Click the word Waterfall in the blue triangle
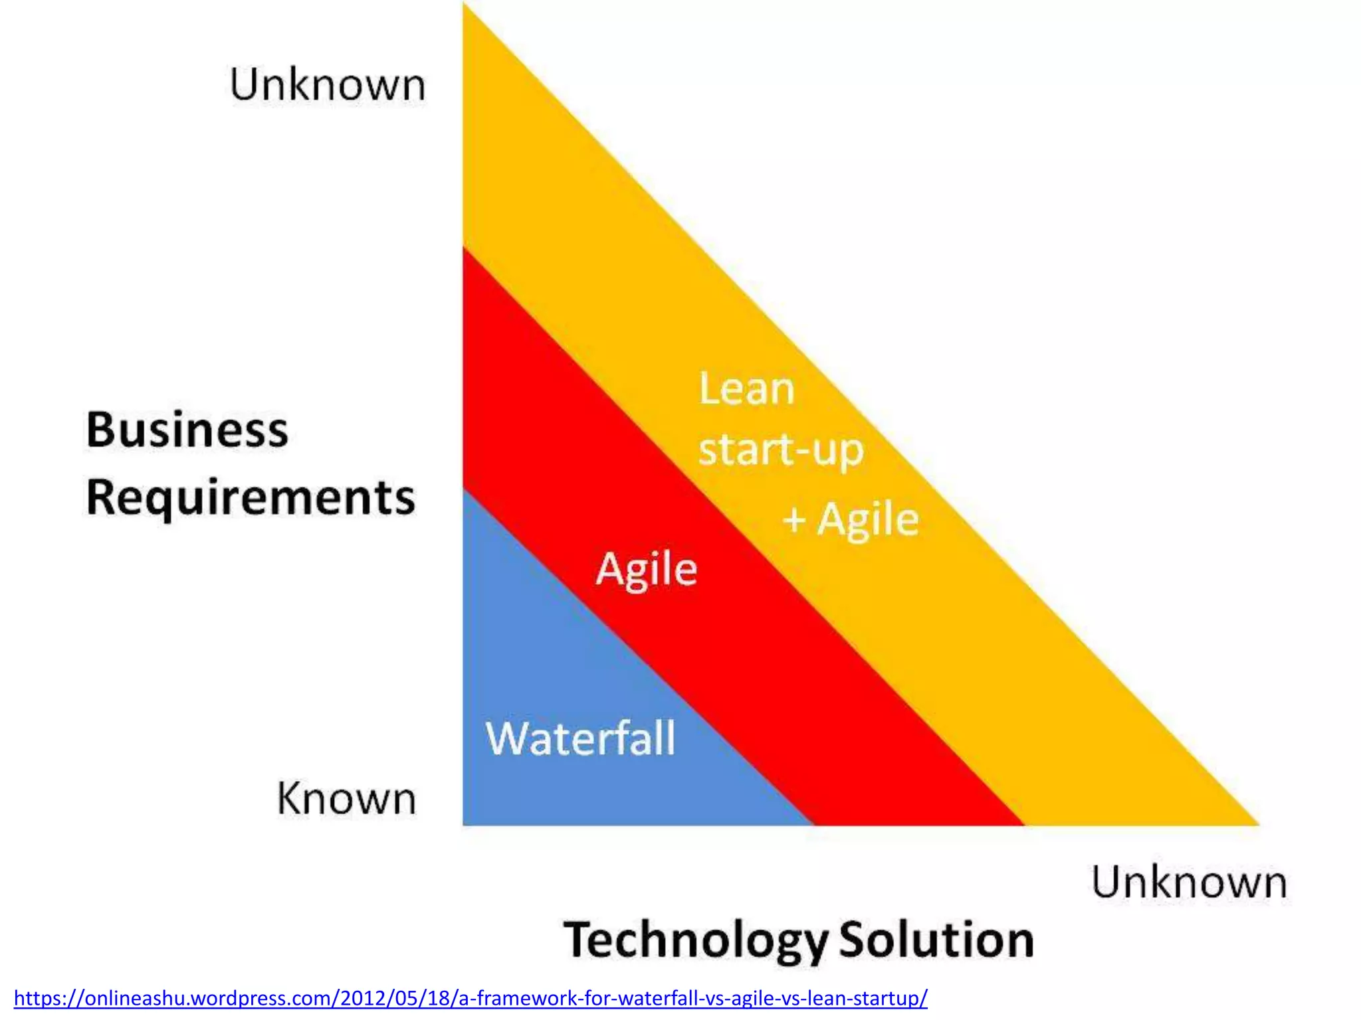tap(580, 738)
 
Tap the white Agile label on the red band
tap(646, 570)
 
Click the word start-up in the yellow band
tap(781, 451)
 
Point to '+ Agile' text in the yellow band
tap(851, 519)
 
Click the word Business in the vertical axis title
tap(187, 430)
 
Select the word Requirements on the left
tap(251, 498)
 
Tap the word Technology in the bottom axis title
tap(696, 941)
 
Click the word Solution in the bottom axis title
tap(936, 940)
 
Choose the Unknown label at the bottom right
tap(1189, 883)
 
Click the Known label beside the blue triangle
tap(346, 798)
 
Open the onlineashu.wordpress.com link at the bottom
tap(471, 998)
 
